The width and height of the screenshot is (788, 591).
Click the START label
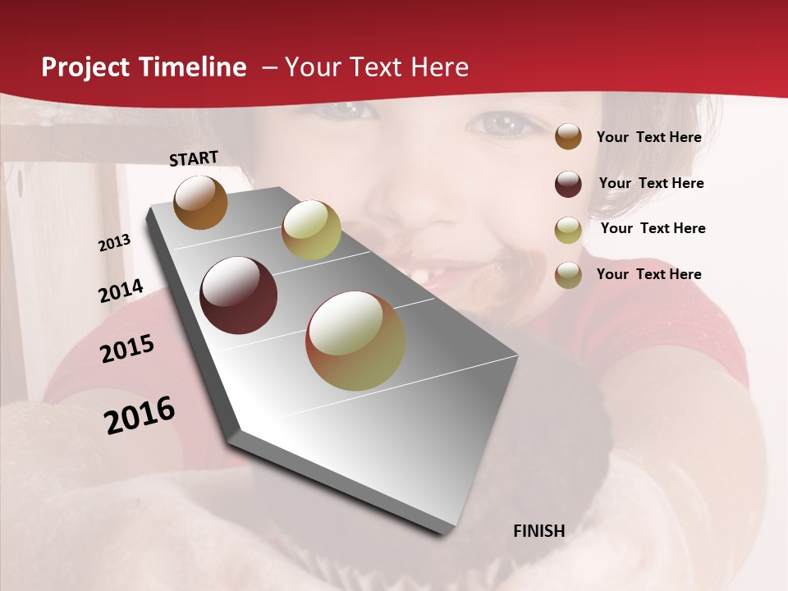[194, 158]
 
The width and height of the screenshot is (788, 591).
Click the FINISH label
[538, 531]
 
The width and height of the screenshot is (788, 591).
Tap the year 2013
[115, 243]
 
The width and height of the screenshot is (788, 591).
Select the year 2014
[121, 291]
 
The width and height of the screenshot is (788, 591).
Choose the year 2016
[140, 415]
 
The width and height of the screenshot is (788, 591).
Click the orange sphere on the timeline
[200, 203]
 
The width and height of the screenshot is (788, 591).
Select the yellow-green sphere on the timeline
[311, 230]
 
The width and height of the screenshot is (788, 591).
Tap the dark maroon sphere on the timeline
[239, 295]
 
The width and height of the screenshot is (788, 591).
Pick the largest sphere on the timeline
[355, 341]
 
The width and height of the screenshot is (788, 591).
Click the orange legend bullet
[568, 136]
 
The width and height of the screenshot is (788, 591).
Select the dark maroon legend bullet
[568, 184]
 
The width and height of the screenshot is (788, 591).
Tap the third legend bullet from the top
[568, 230]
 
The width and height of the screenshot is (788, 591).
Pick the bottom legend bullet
[568, 275]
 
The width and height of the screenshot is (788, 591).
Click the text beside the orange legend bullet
[648, 137]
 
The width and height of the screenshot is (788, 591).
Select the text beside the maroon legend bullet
[651, 183]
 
